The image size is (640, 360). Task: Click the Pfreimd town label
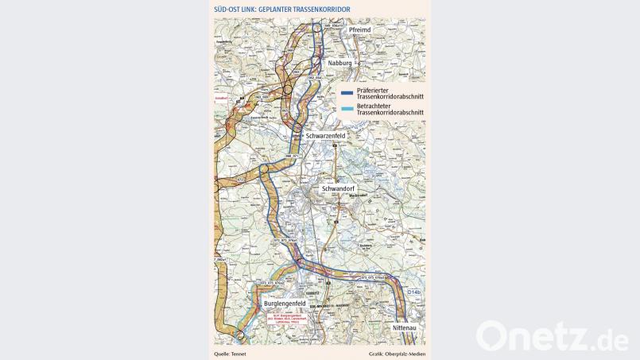(x=338, y=29)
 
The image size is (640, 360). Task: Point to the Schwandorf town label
(x=343, y=188)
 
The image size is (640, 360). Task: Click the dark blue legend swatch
(x=345, y=93)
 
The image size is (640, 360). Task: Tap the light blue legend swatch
(x=345, y=108)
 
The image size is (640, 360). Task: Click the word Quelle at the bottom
(x=222, y=352)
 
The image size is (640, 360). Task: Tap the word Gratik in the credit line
(x=377, y=352)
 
